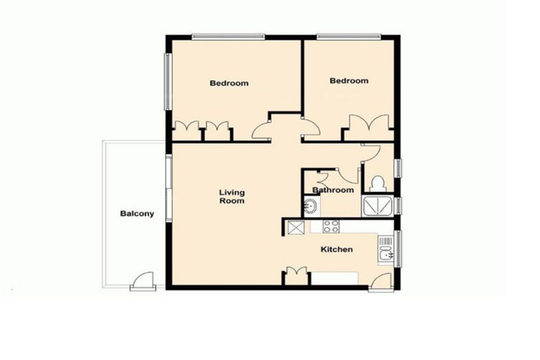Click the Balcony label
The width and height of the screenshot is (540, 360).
(x=137, y=214)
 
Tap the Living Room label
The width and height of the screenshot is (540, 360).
(x=232, y=196)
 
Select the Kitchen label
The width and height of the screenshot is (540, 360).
(x=337, y=249)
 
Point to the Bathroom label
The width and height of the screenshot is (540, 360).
(x=333, y=190)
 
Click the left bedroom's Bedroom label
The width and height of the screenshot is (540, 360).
(x=229, y=83)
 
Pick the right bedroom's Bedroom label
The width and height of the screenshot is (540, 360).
(x=349, y=80)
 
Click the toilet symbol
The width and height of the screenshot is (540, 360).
(x=378, y=183)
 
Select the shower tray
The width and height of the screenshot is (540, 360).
(x=378, y=206)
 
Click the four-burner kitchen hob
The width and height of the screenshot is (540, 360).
(x=330, y=226)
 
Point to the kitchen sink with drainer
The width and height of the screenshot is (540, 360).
(x=386, y=249)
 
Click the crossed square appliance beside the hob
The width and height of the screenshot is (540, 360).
(x=296, y=227)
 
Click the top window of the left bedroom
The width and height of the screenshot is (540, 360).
(x=228, y=35)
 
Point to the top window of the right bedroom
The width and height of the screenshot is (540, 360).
(x=349, y=35)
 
